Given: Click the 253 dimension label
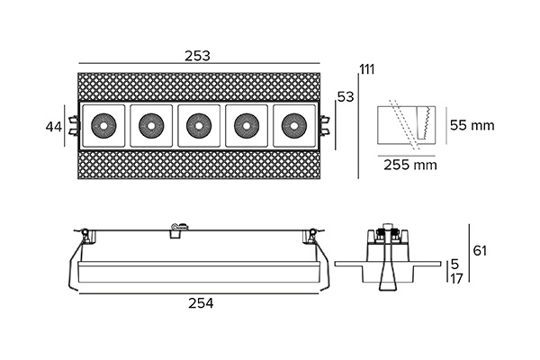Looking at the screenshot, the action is [x=197, y=56].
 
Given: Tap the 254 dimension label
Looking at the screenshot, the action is [x=201, y=303].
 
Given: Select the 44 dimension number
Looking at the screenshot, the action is [x=54, y=127].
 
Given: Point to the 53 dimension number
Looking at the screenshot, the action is [x=346, y=97].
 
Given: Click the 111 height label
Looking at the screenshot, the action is [x=367, y=69].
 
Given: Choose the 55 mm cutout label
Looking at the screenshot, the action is [x=472, y=125].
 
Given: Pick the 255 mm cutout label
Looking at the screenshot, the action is [x=410, y=165].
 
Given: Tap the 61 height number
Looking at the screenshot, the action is [x=480, y=250].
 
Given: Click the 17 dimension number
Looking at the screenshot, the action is [x=456, y=278].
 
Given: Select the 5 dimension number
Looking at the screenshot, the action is [x=454, y=265].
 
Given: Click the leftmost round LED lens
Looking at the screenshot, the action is [x=103, y=126].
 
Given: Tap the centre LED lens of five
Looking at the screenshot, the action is [x=199, y=126].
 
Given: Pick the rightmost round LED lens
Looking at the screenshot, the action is [x=293, y=126].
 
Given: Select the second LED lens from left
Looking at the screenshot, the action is [x=151, y=126].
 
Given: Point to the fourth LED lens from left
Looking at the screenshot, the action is [x=247, y=126].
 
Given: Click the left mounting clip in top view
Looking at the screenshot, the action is [x=74, y=126].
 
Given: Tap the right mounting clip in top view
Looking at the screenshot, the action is [x=324, y=126].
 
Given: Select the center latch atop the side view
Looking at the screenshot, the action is [x=179, y=229].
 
